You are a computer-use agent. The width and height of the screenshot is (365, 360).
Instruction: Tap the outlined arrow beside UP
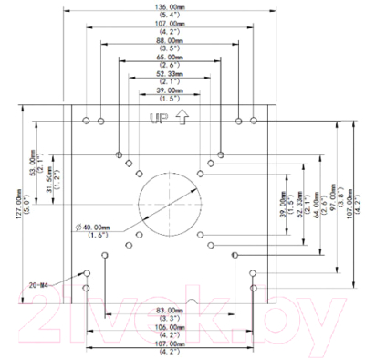click(181, 118)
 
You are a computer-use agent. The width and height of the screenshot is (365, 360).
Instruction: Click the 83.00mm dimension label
click(170, 312)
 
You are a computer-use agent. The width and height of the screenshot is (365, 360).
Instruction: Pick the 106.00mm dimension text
click(170, 326)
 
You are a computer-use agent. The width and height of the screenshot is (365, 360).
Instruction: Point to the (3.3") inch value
click(170, 319)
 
